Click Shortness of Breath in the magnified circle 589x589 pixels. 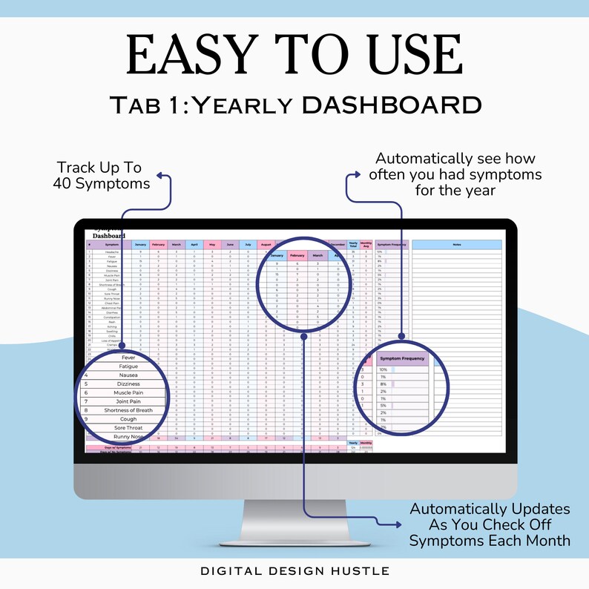(x=128, y=410)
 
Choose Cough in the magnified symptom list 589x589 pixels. (x=128, y=419)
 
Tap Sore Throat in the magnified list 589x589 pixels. (x=128, y=428)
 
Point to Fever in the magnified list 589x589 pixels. (x=128, y=357)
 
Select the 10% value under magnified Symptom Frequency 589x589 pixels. (x=384, y=369)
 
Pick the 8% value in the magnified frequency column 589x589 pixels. (x=384, y=384)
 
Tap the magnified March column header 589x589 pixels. (x=317, y=256)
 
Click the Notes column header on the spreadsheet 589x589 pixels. (x=457, y=245)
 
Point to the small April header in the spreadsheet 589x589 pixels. (x=194, y=245)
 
